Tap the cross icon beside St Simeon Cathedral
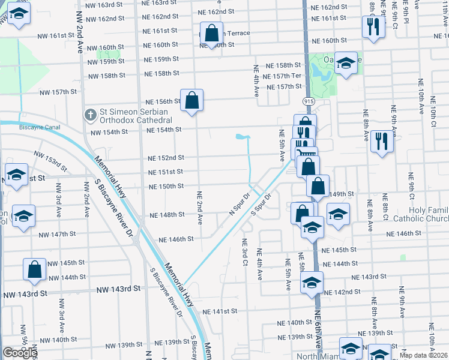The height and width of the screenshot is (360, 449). point(91,114)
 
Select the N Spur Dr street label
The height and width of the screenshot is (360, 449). point(239,205)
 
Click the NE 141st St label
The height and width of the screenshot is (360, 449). point(220,312)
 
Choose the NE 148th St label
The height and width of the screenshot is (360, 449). point(166,215)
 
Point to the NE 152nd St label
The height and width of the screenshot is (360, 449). point(166,158)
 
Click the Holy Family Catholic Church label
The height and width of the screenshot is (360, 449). point(428,215)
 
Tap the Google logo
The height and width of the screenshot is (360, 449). point(20,353)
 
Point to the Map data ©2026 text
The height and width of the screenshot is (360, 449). point(424,355)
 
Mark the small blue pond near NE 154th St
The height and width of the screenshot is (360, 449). point(243,138)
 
